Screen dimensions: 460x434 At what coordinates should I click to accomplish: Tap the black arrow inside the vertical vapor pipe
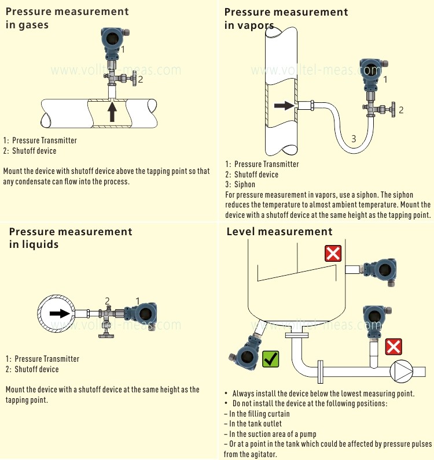pyautogui.click(x=284, y=106)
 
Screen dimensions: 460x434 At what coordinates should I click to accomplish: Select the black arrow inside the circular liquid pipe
pyautogui.click(x=58, y=313)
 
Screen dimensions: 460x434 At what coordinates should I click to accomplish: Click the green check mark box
pyautogui.click(x=271, y=359)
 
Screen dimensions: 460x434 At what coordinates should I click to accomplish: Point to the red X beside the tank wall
pyautogui.click(x=333, y=253)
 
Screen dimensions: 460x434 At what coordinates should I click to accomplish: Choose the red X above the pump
pyautogui.click(x=394, y=347)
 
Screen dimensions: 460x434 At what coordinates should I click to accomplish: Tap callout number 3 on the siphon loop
pyautogui.click(x=354, y=138)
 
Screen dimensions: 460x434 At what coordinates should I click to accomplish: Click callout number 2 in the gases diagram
pyautogui.click(x=140, y=80)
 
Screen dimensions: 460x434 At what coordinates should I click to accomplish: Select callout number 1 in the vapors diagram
pyautogui.click(x=385, y=79)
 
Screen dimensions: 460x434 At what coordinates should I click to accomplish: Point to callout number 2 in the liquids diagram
pyautogui.click(x=107, y=301)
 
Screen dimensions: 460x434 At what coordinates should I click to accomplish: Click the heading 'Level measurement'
pyautogui.click(x=279, y=232)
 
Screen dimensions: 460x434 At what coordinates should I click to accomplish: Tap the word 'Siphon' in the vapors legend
pyautogui.click(x=245, y=185)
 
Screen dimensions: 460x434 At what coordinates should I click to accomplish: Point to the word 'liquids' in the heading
pyautogui.click(x=42, y=244)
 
